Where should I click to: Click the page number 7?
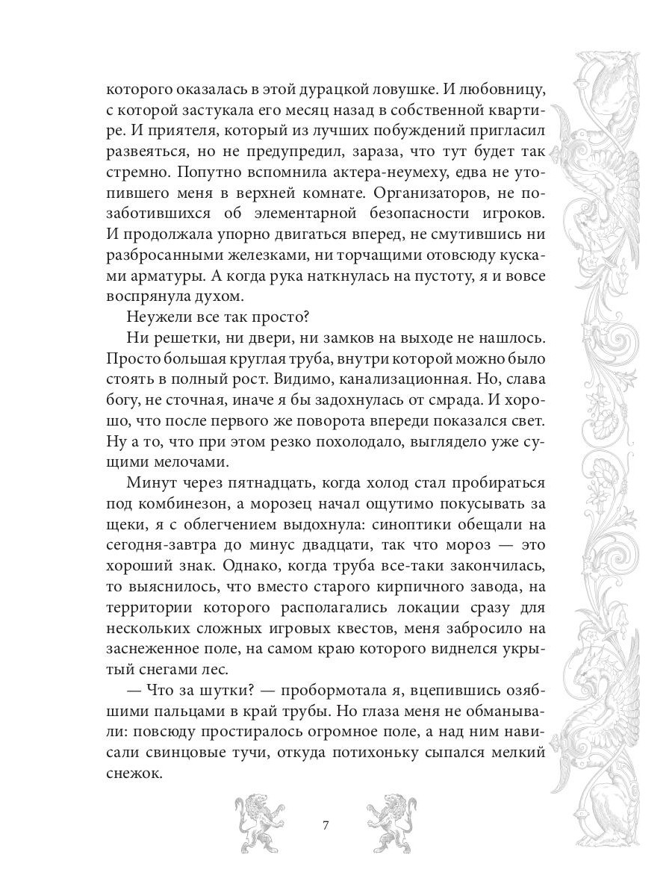point(325,826)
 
